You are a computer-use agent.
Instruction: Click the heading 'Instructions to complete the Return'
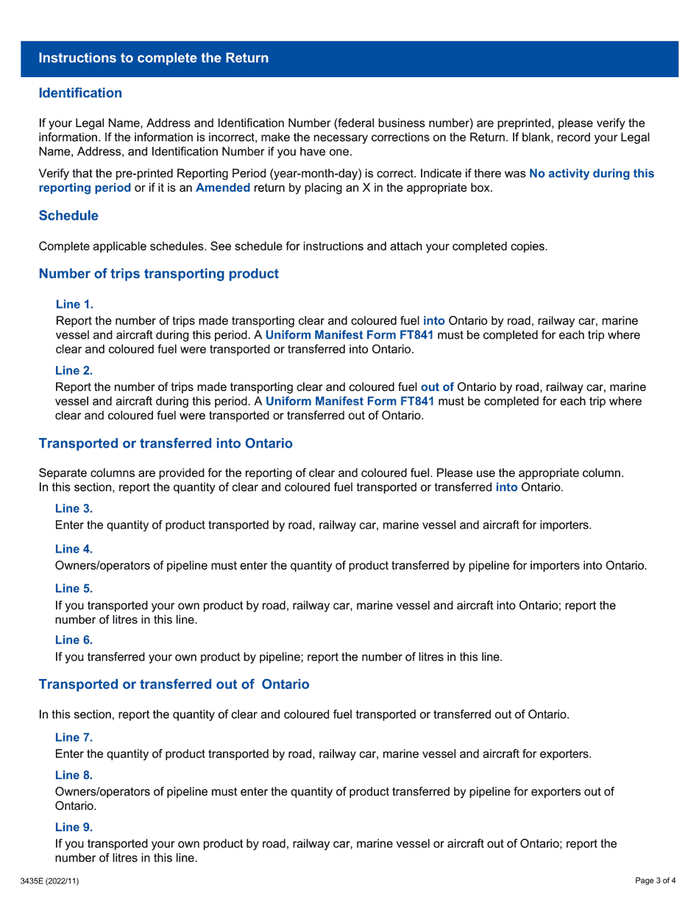(x=153, y=58)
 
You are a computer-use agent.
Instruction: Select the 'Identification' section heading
(x=80, y=93)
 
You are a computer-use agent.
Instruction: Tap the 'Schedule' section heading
(x=68, y=216)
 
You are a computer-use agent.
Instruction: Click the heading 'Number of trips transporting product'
(x=158, y=274)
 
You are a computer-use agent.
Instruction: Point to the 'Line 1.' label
(x=74, y=304)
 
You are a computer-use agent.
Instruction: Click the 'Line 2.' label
(x=74, y=370)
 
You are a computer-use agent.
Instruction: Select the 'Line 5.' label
(x=74, y=589)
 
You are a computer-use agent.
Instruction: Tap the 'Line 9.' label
(x=74, y=827)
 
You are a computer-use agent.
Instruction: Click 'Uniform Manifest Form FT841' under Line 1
(x=349, y=335)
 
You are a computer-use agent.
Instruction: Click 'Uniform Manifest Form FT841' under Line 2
(x=349, y=401)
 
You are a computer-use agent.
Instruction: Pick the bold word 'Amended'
(x=222, y=188)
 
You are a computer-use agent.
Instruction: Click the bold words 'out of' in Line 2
(x=436, y=387)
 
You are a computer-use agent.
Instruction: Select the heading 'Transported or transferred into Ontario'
(x=166, y=444)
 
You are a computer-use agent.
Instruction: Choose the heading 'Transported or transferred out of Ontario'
(x=174, y=685)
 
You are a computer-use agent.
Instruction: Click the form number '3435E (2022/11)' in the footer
(x=49, y=881)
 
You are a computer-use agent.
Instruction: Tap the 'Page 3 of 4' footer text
(x=656, y=881)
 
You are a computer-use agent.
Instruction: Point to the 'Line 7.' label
(x=74, y=737)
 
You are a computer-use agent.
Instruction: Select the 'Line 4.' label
(x=74, y=549)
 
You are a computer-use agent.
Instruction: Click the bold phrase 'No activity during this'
(x=591, y=174)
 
